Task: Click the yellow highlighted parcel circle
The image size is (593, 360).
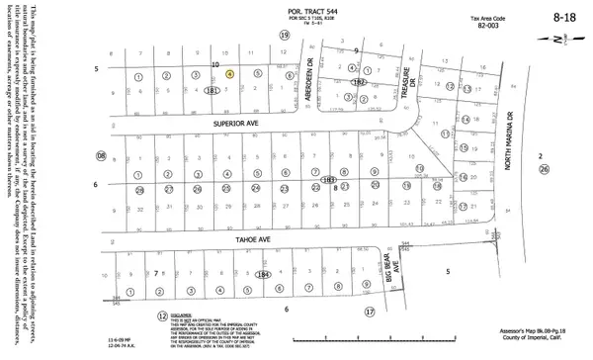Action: coord(229,73)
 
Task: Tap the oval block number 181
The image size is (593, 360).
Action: coord(212,90)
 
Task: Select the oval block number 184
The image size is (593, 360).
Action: coord(262,274)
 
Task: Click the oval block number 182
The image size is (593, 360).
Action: coord(360,85)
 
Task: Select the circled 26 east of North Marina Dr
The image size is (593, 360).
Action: coord(543,169)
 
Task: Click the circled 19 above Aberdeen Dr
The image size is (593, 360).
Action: coord(285,36)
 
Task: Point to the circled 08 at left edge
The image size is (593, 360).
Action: coord(100,156)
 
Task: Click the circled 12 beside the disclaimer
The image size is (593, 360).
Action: coord(162,315)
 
